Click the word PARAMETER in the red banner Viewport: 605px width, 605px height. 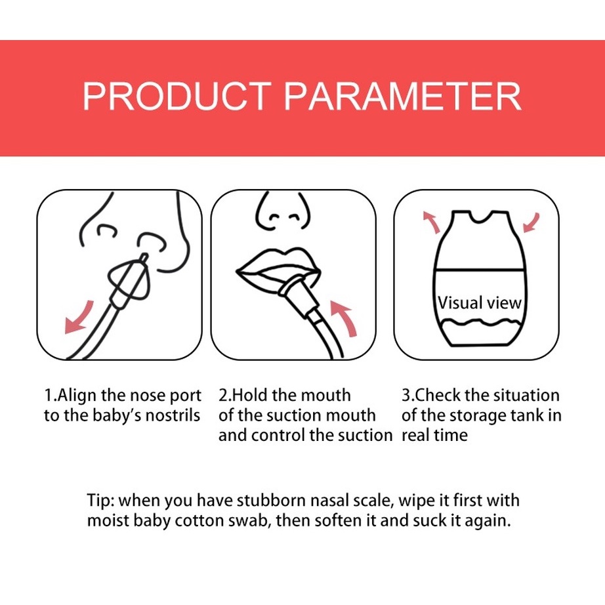(x=403, y=96)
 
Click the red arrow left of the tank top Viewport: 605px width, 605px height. (x=433, y=222)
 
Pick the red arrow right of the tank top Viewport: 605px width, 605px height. (x=532, y=223)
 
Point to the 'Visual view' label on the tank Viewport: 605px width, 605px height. (x=480, y=303)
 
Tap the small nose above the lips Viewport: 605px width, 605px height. (x=283, y=211)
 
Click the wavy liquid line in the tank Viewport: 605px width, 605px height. (x=481, y=322)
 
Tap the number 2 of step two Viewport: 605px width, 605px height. (x=223, y=396)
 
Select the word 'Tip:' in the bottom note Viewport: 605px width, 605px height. (x=100, y=501)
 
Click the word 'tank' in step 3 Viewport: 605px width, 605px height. (x=528, y=415)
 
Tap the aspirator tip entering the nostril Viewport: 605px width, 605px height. (x=143, y=257)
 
